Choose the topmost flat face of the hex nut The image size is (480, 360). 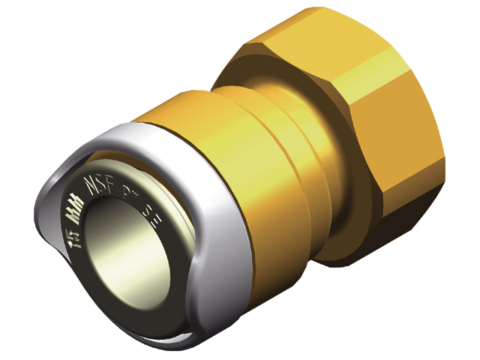pos(315,34)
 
